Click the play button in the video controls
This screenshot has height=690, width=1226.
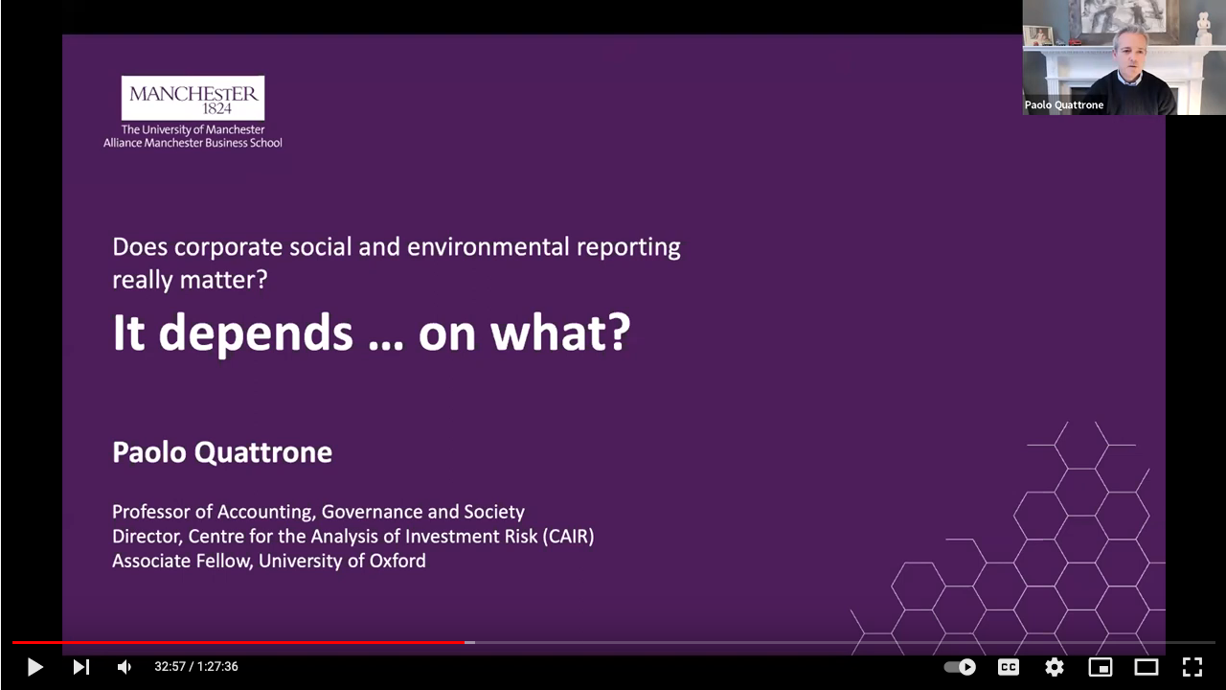point(35,666)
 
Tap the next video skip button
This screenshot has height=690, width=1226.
point(81,666)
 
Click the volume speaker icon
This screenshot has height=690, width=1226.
point(125,666)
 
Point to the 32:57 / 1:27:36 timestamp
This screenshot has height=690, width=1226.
point(196,666)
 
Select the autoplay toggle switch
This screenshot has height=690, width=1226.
point(960,666)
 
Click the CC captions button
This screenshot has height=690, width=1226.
point(1009,666)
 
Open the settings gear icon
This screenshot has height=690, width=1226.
point(1055,666)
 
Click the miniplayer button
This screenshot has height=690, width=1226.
point(1101,666)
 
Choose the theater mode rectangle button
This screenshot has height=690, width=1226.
point(1147,666)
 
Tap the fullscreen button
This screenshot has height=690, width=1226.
point(1192,666)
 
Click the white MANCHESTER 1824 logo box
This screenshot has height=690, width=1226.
point(193,98)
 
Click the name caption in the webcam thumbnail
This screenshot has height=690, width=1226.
point(1064,104)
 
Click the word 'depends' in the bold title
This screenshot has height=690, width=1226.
point(255,333)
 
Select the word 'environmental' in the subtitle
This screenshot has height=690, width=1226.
point(488,247)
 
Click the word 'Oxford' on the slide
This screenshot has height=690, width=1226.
point(397,561)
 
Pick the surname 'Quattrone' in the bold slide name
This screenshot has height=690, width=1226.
point(263,452)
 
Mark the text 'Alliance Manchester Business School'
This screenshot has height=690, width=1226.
point(193,143)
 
